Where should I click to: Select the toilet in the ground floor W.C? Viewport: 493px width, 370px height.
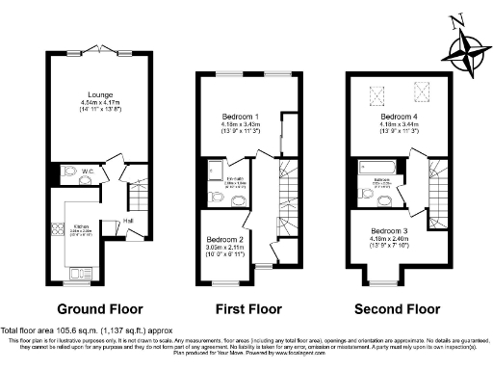[67, 174]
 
